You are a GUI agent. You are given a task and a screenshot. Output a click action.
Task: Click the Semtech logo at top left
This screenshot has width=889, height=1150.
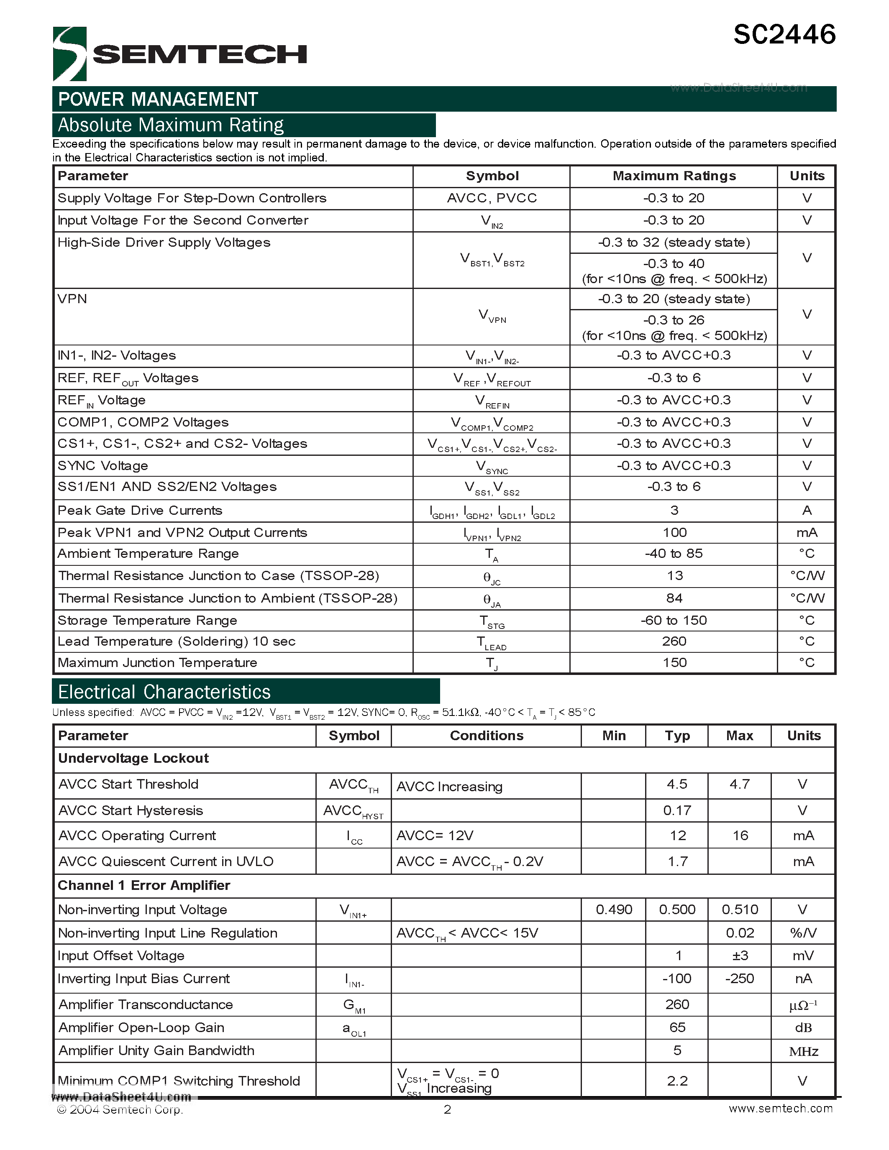tap(179, 54)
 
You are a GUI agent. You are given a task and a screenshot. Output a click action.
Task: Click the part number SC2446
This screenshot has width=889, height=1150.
tap(784, 35)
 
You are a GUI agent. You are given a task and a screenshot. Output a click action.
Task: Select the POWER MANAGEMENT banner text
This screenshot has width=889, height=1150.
tap(158, 99)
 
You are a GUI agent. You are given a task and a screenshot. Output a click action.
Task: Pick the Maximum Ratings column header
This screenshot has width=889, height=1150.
tap(674, 176)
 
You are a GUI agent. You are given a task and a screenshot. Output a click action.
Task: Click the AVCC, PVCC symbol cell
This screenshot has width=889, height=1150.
tap(492, 198)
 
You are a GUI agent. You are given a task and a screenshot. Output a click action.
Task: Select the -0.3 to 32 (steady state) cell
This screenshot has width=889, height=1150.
tap(674, 242)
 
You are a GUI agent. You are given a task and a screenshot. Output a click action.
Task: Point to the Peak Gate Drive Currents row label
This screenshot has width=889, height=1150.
tap(140, 510)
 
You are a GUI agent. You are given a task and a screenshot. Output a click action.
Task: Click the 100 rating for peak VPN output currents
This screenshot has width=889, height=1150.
tap(674, 532)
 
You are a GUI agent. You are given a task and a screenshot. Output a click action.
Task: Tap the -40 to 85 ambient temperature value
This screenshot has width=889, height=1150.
tap(674, 553)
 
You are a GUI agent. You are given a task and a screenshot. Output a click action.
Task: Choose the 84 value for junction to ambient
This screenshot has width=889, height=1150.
tap(674, 598)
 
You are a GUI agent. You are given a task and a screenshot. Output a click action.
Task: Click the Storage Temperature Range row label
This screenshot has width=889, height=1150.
tap(147, 620)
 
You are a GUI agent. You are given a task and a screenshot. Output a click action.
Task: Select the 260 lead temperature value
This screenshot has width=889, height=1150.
tap(674, 641)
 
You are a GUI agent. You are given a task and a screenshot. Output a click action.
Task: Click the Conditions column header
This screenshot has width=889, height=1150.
tap(486, 736)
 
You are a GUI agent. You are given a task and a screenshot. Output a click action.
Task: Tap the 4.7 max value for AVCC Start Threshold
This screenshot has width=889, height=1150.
tap(739, 784)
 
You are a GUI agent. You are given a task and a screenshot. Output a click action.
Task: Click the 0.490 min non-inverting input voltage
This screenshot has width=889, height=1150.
tap(614, 910)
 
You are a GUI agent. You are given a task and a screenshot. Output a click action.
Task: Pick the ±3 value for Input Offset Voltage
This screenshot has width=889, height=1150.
tap(739, 955)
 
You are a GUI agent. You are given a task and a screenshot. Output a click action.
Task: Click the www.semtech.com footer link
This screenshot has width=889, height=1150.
tap(781, 1109)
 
